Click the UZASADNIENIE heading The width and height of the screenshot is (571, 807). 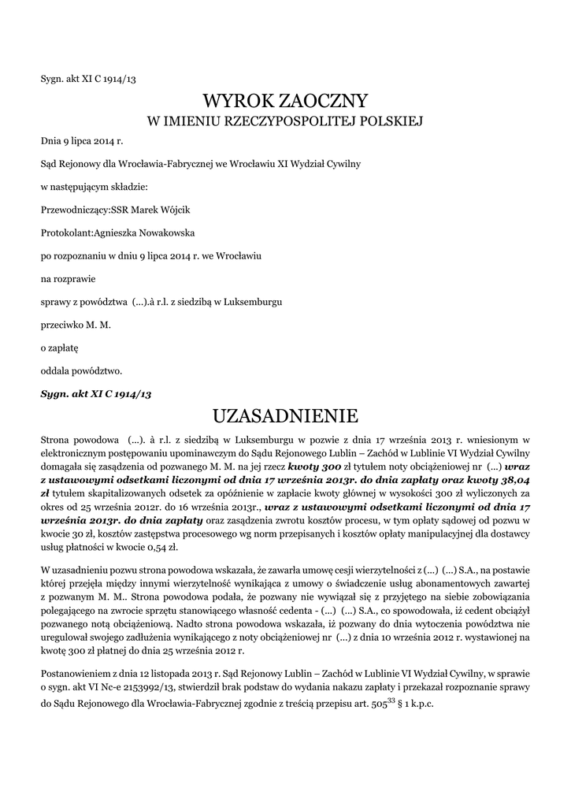click(285, 415)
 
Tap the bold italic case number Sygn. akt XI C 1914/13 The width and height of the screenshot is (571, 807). click(95, 392)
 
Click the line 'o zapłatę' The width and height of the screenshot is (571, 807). click(60, 347)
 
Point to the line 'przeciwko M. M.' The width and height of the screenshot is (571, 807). click(76, 324)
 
